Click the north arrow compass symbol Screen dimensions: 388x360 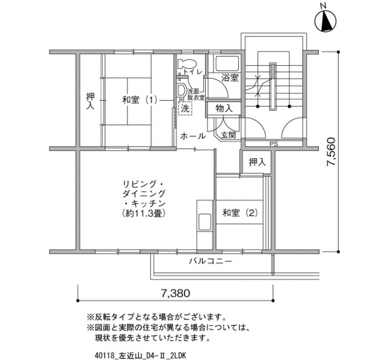coord(325,20)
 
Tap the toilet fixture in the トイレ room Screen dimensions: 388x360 coord(186,65)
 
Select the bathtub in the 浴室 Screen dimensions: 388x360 coord(227,64)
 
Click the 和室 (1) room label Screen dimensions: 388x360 coord(140,100)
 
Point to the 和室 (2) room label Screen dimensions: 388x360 coord(240,213)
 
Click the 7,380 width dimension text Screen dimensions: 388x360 coord(176,293)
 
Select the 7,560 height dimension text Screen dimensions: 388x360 coord(331,152)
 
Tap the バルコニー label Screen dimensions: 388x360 coord(211,261)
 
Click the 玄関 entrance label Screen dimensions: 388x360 coord(228,135)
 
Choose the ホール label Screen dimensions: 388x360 coord(193,136)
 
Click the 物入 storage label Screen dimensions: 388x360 coord(224,109)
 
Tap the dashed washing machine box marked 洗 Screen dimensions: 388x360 coord(185,109)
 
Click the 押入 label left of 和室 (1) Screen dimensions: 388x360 coord(90,101)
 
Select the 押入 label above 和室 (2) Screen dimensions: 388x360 coord(257,162)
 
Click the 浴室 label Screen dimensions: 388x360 coord(230,78)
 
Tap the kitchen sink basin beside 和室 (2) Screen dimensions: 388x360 coord(205,222)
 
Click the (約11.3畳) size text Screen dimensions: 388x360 coord(144,213)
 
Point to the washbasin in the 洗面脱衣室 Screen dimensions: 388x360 coord(182,91)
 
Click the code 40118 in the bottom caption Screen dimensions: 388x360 coord(105,356)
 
